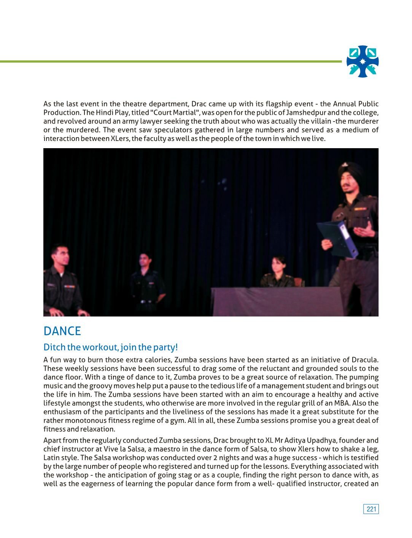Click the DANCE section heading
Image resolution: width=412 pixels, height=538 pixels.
point(62,331)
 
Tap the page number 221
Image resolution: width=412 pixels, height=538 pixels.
point(371,509)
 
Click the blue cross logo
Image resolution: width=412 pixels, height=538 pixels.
point(363,62)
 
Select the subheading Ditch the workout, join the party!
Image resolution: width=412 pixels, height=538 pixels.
point(110,347)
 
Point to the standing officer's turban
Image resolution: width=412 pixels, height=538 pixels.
point(349,171)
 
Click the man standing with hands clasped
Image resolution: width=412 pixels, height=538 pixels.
point(146,281)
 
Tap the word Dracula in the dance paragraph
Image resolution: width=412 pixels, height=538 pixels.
point(364,360)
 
